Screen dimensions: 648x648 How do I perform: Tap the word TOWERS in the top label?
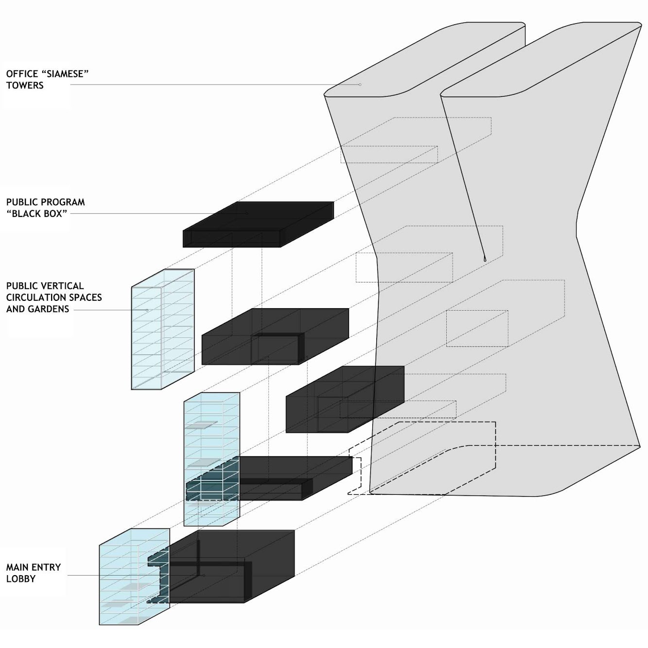[25, 86]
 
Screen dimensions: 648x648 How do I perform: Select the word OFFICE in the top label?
[22, 74]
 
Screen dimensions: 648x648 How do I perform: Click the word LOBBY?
[21, 579]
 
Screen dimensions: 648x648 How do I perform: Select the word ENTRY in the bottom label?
[47, 567]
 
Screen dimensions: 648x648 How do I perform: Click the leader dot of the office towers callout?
[360, 85]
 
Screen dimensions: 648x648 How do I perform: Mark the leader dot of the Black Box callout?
[246, 213]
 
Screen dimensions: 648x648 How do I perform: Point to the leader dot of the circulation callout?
[147, 310]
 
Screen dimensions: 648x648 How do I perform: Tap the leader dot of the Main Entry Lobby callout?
[204, 576]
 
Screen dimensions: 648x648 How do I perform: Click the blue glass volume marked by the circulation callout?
[163, 331]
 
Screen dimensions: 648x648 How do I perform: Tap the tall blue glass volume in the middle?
[211, 438]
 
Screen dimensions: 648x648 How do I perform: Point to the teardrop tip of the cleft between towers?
[485, 259]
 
